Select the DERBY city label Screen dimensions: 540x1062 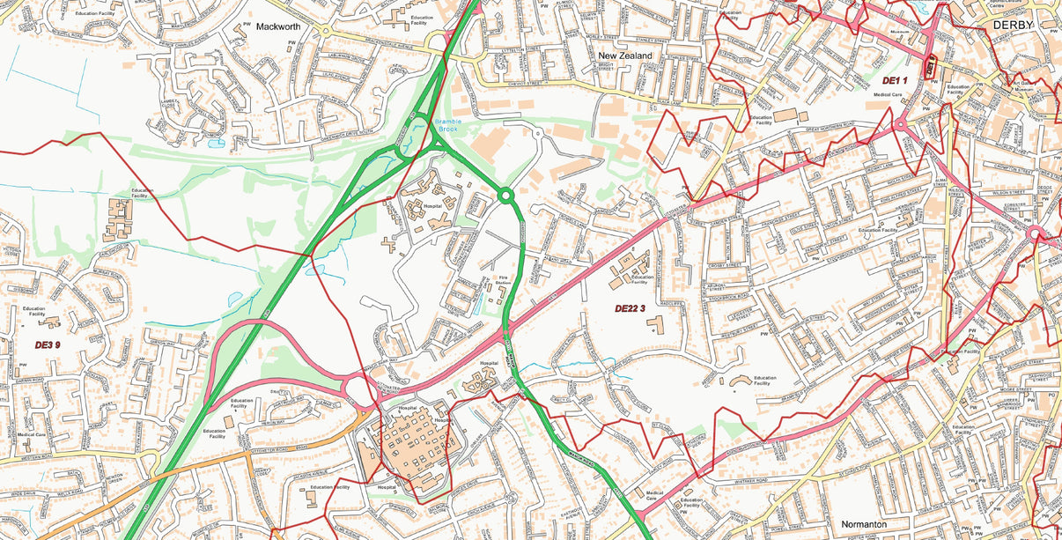pos(1012,25)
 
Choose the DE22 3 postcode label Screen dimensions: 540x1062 pos(631,308)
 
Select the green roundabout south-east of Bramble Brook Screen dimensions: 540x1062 pos(505,196)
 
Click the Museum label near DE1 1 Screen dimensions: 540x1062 pos(899,32)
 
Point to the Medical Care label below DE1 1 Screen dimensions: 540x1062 pos(888,94)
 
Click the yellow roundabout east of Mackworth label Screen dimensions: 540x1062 pos(325,31)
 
